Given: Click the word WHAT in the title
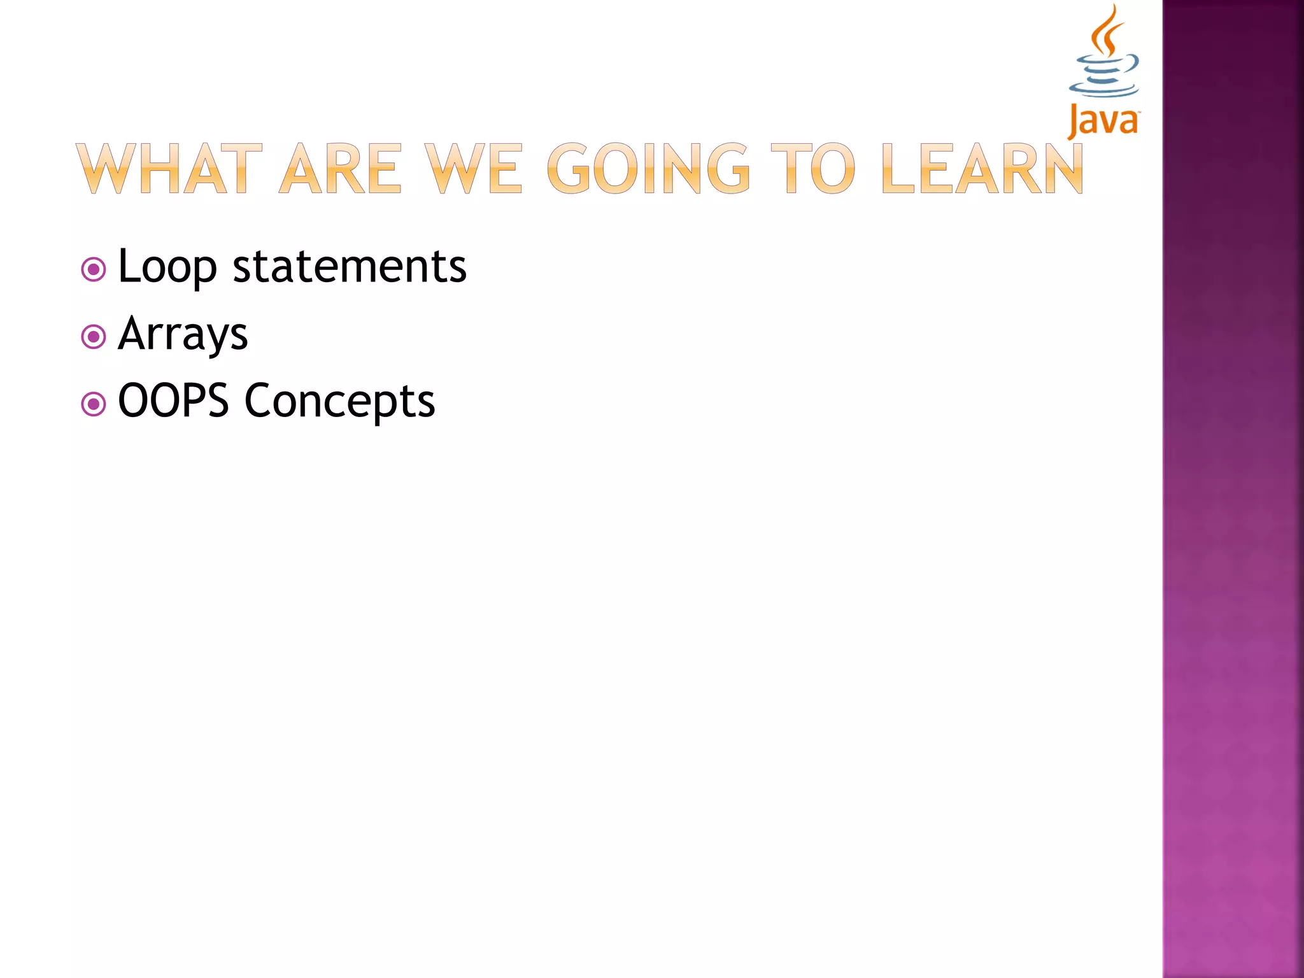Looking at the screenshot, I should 169,169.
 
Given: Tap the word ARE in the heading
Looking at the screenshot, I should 341,169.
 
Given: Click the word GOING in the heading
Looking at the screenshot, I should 648,169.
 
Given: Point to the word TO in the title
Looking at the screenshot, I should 812,169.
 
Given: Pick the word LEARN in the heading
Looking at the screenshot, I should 982,169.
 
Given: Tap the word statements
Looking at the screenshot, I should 350,266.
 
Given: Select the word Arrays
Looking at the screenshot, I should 183,334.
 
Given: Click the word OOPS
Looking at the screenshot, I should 173,400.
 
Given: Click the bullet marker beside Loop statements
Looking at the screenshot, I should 94,270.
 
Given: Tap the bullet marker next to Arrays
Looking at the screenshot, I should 94,337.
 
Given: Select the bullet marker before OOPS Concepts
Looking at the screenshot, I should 94,404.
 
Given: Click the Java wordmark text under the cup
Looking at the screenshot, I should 1103,121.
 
